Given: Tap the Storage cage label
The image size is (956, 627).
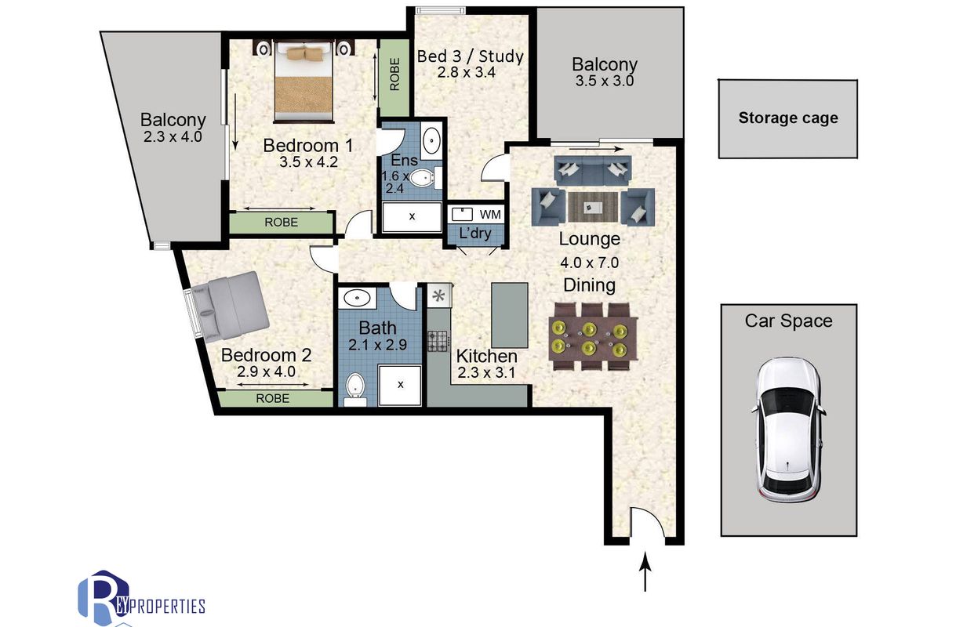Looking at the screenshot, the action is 788,118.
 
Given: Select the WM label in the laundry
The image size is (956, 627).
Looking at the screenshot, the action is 490,215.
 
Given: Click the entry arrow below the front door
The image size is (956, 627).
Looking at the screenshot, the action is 645,571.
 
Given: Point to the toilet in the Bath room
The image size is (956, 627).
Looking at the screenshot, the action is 354,389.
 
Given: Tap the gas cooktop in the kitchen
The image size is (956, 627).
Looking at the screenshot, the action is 438,341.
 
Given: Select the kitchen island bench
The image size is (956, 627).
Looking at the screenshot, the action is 510,315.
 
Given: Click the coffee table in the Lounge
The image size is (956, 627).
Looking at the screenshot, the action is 593,207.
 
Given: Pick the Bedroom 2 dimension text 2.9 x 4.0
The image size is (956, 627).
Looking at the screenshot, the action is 267,372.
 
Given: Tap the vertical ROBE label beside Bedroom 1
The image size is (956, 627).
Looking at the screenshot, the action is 394,74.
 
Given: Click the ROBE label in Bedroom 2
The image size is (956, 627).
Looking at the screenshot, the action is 273,398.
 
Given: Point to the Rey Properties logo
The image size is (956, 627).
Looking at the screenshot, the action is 141,598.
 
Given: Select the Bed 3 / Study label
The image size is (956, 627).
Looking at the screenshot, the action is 471,56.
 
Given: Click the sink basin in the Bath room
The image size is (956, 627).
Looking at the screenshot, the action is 357,298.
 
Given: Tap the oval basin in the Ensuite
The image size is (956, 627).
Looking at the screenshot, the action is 432,140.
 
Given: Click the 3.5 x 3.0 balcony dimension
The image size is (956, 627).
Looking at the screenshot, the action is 605,81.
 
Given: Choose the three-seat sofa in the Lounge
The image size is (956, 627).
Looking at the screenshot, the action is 593,170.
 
